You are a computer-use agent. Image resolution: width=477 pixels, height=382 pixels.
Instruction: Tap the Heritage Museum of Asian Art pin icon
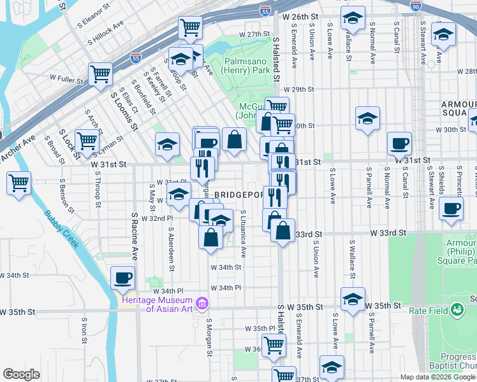point(203,302)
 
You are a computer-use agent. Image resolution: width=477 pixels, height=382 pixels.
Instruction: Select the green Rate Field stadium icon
point(457,310)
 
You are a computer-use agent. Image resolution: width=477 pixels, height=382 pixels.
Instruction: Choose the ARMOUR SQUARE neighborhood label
point(458,108)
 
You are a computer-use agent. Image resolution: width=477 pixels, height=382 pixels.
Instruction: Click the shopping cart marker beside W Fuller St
point(101,74)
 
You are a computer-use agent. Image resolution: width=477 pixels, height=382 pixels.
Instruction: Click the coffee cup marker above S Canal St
point(400,145)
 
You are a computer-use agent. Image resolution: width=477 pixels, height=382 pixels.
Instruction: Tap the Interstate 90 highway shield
point(416,5)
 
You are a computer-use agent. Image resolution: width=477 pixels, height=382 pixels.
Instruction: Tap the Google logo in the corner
point(22,374)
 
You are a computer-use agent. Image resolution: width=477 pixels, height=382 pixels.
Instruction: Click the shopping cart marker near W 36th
point(274,346)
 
